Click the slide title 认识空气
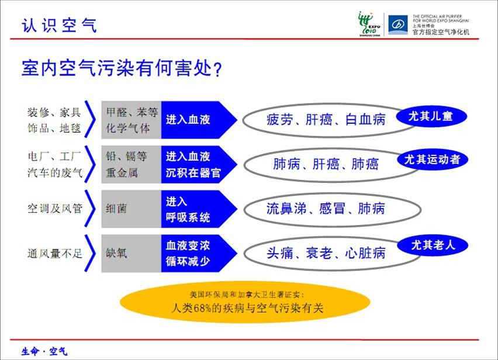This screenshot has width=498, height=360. [59, 25]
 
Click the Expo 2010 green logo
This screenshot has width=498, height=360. [369, 24]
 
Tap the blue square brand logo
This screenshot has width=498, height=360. [398, 25]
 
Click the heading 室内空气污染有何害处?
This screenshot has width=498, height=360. [122, 68]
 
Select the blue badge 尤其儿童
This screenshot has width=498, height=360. [431, 116]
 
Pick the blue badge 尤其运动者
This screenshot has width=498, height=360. [433, 160]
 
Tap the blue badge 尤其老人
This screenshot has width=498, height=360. [433, 245]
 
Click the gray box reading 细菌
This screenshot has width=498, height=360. [132, 209]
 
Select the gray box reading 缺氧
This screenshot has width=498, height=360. [132, 253]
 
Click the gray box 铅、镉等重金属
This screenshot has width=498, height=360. [132, 164]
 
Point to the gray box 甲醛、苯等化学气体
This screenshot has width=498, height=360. [132, 120]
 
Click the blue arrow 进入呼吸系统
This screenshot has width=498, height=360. [199, 209]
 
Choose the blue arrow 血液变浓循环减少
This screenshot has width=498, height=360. [199, 253]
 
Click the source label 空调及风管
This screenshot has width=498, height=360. [55, 209]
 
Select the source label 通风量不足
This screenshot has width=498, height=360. [55, 253]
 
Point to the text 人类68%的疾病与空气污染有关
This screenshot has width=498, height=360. [247, 308]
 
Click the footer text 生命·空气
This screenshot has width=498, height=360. [44, 351]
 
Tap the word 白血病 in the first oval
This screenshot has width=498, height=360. [365, 120]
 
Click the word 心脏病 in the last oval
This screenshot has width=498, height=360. [365, 253]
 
